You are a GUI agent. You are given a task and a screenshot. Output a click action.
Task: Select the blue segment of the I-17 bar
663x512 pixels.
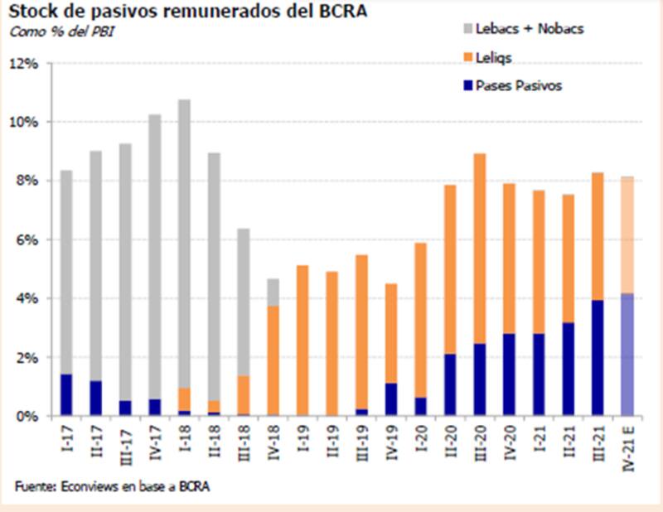pyautogui.click(x=67, y=395)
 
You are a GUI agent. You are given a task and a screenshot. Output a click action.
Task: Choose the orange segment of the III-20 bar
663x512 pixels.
pyautogui.click(x=480, y=249)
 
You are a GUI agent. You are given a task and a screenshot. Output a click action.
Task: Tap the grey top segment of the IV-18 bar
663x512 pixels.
pyautogui.click(x=273, y=292)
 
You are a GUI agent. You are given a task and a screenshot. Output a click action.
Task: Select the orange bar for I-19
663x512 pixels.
pyautogui.click(x=302, y=341)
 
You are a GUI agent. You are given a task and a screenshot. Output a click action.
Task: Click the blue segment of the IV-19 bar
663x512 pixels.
pyautogui.click(x=391, y=399)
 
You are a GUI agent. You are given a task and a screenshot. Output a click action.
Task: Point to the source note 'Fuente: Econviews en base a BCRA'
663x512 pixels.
pyautogui.click(x=111, y=486)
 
